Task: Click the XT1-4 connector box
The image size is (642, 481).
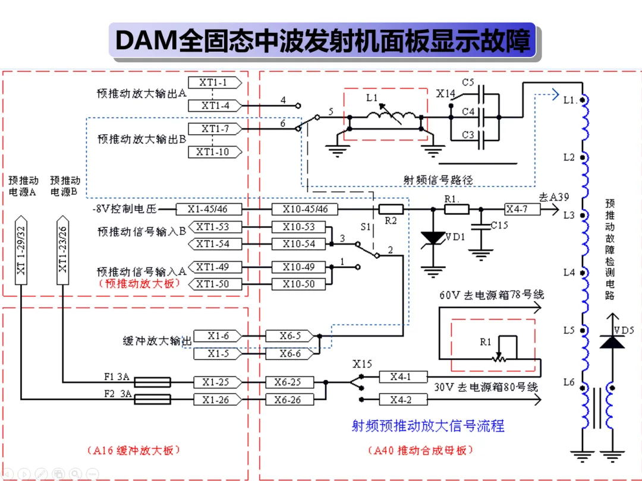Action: [215, 106]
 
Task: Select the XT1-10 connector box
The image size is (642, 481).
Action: [215, 152]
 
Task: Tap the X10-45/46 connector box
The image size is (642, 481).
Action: [304, 209]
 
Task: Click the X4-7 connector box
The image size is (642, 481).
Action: [522, 209]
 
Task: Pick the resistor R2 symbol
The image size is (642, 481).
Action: [391, 210]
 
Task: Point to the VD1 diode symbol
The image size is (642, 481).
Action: [433, 238]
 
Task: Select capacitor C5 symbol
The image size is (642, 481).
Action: [481, 94]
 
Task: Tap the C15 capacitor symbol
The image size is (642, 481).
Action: [481, 226]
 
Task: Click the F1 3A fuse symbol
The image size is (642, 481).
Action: [152, 382]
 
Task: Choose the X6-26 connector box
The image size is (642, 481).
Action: [289, 400]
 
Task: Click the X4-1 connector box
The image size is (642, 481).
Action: [403, 376]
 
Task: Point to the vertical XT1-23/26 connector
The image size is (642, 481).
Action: [62, 250]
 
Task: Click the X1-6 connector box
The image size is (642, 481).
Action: [218, 336]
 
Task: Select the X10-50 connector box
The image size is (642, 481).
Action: [298, 284]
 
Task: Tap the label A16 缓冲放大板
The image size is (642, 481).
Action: [134, 450]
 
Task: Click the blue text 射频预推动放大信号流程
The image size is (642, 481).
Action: [428, 426]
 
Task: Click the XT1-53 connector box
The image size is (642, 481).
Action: [215, 227]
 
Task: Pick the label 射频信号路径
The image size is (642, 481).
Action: [438, 179]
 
